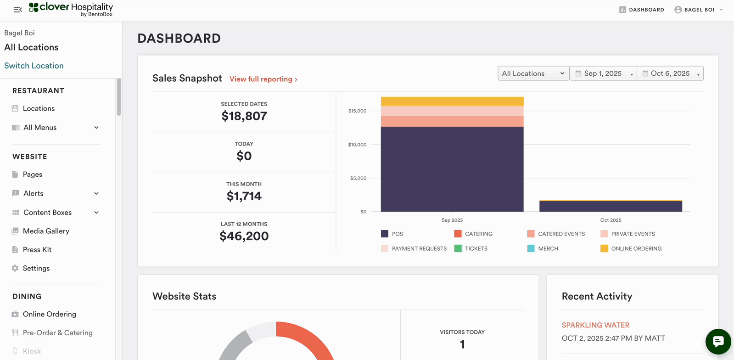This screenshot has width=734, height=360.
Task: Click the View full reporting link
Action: tap(263, 79)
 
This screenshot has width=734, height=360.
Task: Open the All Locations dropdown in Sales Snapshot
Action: tap(533, 73)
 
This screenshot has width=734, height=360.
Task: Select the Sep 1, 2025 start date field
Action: tap(603, 73)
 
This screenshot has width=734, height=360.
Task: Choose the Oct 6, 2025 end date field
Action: tap(670, 73)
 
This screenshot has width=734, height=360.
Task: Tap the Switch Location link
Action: tap(34, 66)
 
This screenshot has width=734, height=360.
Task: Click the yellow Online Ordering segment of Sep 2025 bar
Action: tap(452, 101)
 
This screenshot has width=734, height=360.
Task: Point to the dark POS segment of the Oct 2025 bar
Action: tap(611, 206)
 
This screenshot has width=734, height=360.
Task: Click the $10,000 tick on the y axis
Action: tap(357, 145)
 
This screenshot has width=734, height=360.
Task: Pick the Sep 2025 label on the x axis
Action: tap(452, 220)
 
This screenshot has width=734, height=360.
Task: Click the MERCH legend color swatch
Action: tap(531, 248)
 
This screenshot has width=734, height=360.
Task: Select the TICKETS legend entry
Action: tap(476, 248)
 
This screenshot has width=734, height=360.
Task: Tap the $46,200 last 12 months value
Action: tap(244, 236)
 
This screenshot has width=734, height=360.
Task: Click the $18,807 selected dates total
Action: tap(244, 116)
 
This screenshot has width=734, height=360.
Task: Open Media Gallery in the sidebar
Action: tap(46, 231)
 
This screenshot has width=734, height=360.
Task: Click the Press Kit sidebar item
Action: tap(37, 250)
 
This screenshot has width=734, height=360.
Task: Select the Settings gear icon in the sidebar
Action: tap(15, 268)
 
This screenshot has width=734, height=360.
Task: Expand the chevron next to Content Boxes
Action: tap(96, 213)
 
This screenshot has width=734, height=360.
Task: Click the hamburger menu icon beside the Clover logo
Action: tap(18, 10)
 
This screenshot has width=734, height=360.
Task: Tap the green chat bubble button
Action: tap(718, 341)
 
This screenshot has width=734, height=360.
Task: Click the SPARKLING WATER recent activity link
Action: tap(595, 325)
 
